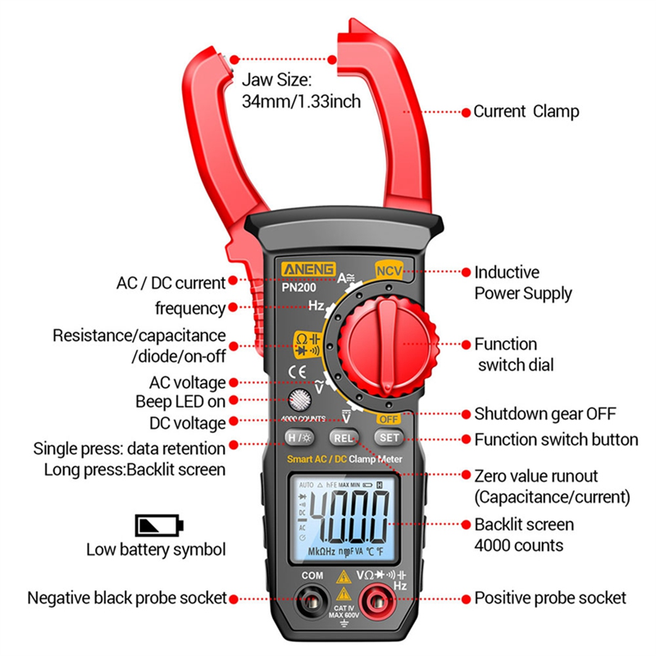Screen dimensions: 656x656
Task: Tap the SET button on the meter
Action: pyautogui.click(x=389, y=438)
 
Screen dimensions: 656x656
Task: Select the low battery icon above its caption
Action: pyautogui.click(x=159, y=526)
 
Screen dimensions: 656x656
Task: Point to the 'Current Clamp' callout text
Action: pyautogui.click(x=526, y=112)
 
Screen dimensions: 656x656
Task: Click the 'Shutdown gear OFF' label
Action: pyautogui.click(x=544, y=414)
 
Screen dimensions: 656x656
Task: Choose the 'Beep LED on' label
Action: pyautogui.click(x=180, y=402)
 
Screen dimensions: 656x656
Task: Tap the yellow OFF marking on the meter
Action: pyautogui.click(x=388, y=419)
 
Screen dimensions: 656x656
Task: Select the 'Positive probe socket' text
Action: pyautogui.click(x=550, y=599)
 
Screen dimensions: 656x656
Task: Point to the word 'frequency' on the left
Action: pyautogui.click(x=190, y=308)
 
